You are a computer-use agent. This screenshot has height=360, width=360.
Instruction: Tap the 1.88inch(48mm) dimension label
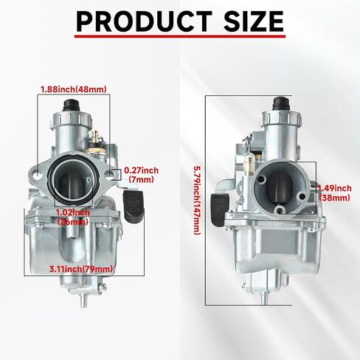74,89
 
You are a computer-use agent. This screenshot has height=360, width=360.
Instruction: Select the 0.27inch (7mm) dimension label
141,175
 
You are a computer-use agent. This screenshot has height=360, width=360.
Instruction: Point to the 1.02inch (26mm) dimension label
73,217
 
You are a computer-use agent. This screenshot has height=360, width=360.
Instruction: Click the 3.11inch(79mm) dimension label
81,269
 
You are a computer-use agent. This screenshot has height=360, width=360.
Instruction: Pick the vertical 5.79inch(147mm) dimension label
198,200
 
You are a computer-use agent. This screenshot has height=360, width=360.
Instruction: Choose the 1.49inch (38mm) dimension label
335,193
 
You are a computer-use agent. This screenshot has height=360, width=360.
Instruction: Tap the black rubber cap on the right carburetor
281,104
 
